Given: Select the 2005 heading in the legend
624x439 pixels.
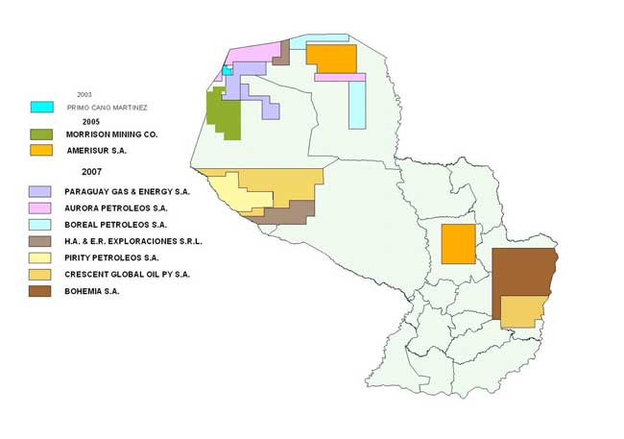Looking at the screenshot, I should [x=91, y=122].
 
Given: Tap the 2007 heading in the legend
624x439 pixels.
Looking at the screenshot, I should [x=92, y=170].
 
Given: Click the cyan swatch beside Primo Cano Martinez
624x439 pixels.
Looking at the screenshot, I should [x=41, y=107].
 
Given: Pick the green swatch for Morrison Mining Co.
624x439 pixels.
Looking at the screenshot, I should [x=41, y=135].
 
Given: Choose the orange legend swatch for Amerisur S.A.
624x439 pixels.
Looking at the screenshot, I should [x=41, y=151].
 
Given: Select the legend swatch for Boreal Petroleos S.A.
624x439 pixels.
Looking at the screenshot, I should [x=41, y=225].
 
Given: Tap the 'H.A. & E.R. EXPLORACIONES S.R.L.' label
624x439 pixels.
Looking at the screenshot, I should [x=134, y=241].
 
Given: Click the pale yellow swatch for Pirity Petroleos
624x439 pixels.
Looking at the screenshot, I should [x=41, y=257].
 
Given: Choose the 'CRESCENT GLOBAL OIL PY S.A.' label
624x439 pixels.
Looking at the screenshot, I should [x=128, y=274].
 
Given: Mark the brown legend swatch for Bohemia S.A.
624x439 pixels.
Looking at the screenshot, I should [x=41, y=290].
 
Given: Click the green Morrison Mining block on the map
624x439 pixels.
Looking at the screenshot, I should [x=223, y=113].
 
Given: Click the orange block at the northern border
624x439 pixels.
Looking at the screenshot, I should [x=331, y=58].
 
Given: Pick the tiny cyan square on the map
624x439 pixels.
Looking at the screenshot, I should [x=227, y=70].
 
